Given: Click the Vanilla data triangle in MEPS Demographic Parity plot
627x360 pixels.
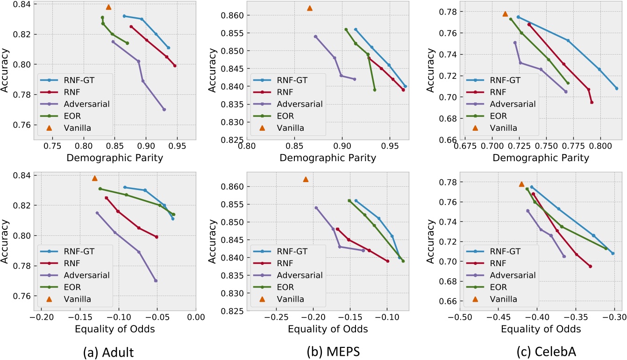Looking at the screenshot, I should click(309, 8).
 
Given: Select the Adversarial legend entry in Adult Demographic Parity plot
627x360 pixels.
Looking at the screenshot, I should click(81, 104).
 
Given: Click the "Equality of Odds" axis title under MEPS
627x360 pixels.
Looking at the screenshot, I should click(328, 329).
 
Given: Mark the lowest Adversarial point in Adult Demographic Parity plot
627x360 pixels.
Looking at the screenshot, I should click(164, 109).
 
